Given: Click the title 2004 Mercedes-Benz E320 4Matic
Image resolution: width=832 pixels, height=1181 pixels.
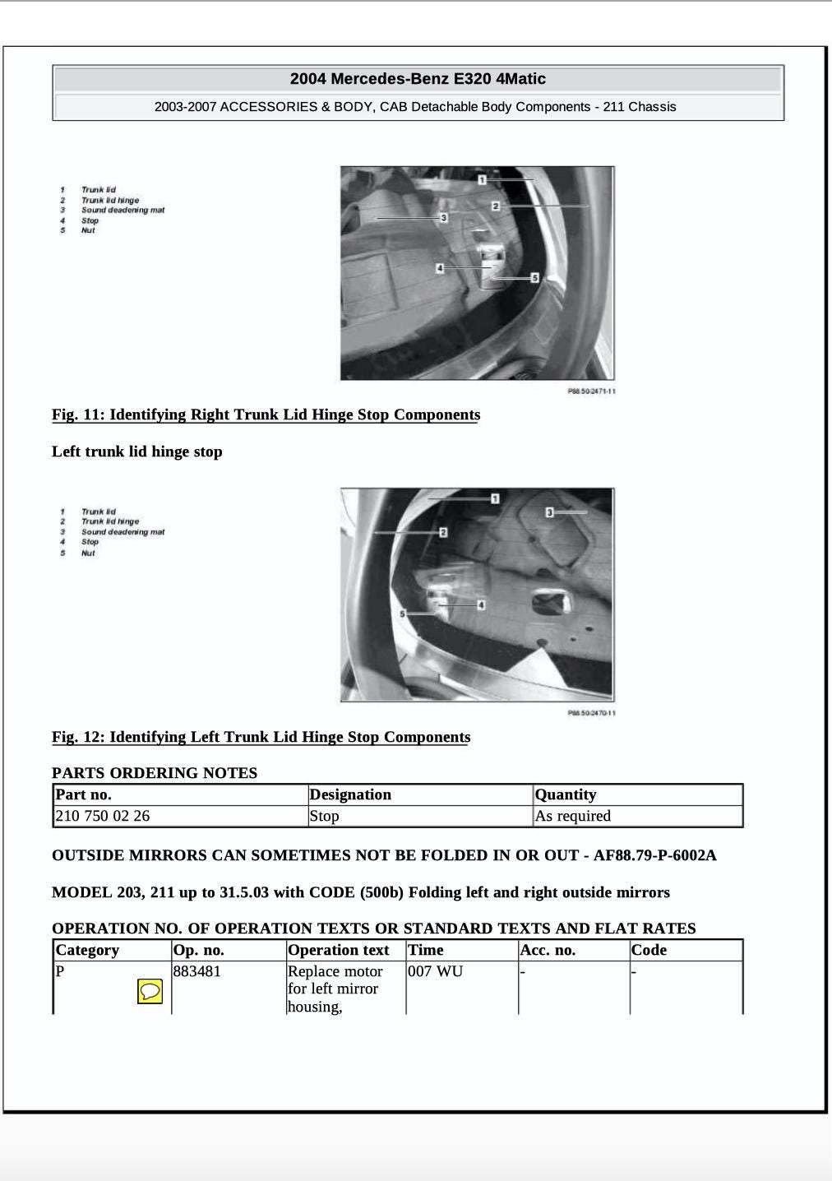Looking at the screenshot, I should (418, 79).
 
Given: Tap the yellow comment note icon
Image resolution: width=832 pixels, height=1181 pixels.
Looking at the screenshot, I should (150, 992).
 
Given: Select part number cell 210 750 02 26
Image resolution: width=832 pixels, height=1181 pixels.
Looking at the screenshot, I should (103, 816).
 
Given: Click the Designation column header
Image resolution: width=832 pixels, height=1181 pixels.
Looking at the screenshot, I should (350, 794).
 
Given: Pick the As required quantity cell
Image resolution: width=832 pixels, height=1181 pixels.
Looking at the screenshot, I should (572, 816).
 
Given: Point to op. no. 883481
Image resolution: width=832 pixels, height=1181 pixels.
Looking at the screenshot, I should (196, 971).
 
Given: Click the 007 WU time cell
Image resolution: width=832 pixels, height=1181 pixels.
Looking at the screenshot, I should (435, 971).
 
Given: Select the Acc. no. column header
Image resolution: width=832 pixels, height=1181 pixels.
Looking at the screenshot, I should (548, 950).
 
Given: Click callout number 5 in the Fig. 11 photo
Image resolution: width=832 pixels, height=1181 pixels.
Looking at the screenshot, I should (534, 278).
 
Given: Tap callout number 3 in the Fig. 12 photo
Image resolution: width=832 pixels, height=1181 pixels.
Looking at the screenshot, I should (550, 512).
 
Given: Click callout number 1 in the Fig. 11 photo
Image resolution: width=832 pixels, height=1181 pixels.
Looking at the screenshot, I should (483, 179).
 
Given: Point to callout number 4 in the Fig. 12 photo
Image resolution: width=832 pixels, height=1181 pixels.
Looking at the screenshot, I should (481, 605).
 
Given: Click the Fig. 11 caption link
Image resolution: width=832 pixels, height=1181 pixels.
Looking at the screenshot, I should (266, 415).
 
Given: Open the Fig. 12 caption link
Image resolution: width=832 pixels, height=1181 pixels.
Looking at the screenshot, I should (261, 737).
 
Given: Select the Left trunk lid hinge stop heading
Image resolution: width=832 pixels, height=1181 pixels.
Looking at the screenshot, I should (137, 452).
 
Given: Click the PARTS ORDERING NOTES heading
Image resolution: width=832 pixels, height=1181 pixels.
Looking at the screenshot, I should (155, 773).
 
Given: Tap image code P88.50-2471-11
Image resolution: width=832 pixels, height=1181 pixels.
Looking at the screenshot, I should (591, 391).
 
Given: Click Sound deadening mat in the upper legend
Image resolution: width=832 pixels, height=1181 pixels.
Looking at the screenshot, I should (122, 211).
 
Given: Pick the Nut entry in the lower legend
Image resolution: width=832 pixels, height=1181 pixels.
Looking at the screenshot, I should (88, 553).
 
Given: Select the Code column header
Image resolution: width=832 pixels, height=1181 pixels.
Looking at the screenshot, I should (649, 950).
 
